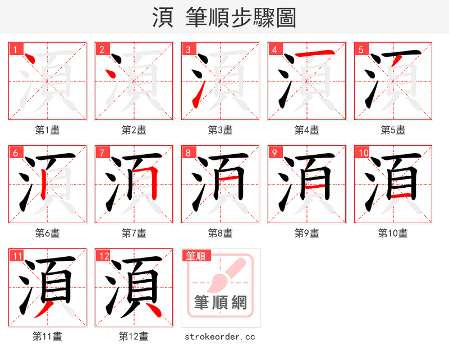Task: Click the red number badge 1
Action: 15,49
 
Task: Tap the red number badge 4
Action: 274,49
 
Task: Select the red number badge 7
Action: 102,153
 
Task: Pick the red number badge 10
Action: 363,153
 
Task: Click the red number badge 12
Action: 103,256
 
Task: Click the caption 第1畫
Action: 48,130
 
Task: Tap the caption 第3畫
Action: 221,130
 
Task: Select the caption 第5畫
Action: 393,130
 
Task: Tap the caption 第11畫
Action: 48,336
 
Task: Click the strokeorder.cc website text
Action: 221,336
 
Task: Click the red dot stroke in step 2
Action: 111,74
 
